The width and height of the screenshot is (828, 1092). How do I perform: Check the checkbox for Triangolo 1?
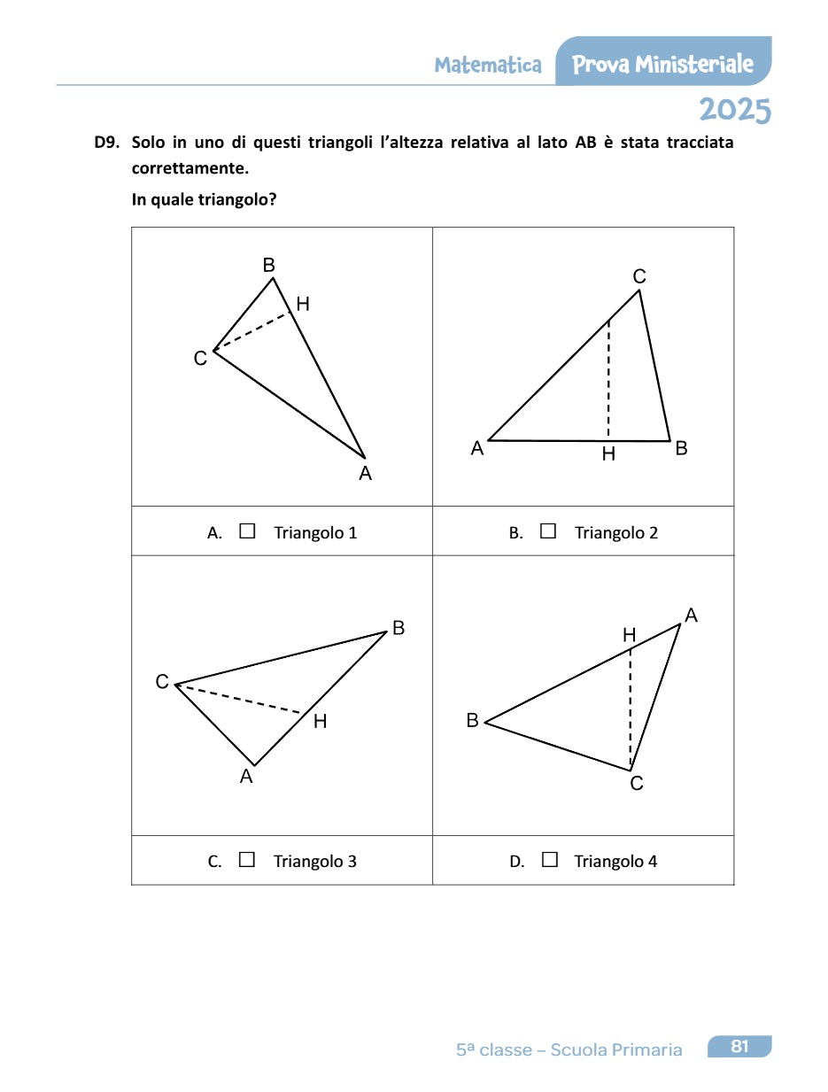coord(247,531)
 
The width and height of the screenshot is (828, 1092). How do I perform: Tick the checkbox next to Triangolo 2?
coord(548,531)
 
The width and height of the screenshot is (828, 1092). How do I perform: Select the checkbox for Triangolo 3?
coord(247,859)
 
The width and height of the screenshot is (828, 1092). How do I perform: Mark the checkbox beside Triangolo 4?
coord(549,859)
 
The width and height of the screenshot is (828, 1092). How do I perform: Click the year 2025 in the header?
coord(735,111)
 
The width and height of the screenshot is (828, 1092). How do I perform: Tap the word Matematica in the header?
coord(488,65)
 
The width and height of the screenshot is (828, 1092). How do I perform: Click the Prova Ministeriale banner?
coord(663,64)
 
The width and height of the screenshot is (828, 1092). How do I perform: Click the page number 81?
coord(739,1047)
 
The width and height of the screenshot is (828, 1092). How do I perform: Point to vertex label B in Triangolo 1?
coord(268,265)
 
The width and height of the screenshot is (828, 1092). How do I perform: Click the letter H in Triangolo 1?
coord(303,305)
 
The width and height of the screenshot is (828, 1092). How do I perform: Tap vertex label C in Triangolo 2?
coord(639,277)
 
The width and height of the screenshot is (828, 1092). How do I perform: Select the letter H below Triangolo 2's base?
coord(608,454)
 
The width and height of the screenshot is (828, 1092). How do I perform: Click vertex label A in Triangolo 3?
coord(246,777)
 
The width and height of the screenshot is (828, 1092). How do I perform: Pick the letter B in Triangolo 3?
coord(399,628)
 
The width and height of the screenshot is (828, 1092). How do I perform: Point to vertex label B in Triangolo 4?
coord(473,721)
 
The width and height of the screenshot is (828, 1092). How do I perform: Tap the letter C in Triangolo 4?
coord(637,783)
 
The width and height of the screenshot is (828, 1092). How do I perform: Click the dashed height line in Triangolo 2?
coord(608,381)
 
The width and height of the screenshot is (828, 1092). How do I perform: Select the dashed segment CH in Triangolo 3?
coord(239,699)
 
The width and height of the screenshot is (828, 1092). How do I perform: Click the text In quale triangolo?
coord(205,199)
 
